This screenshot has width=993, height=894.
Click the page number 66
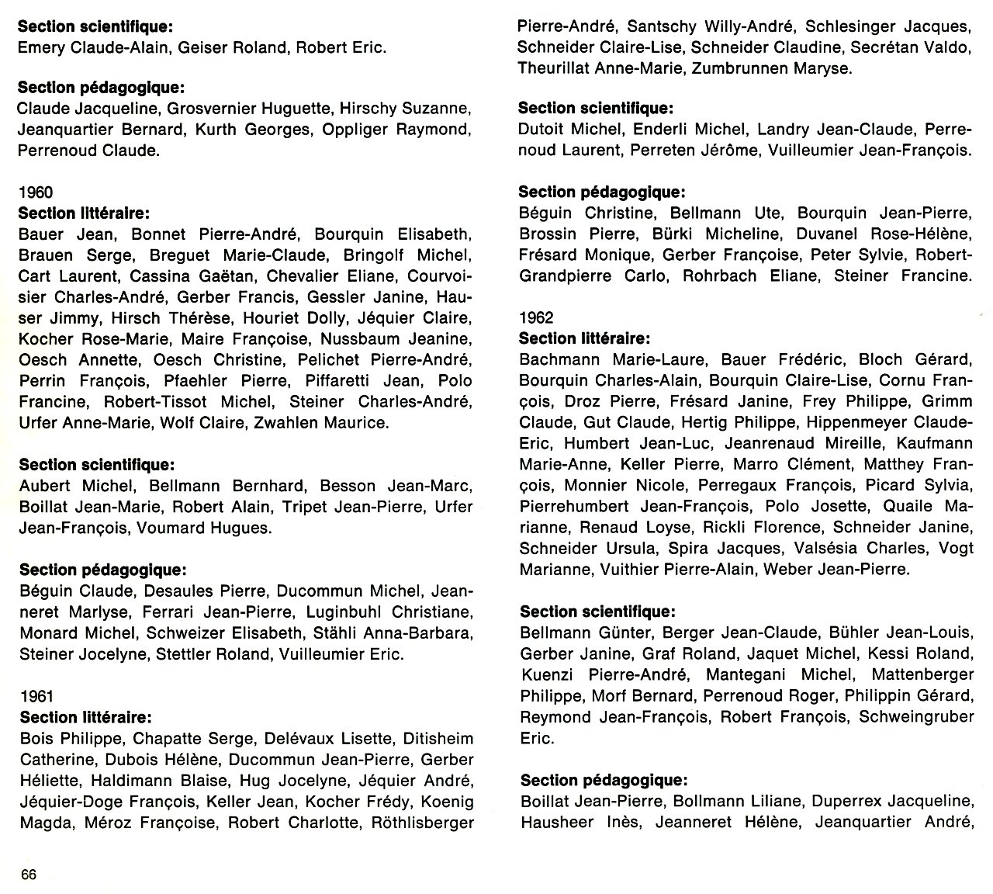(29, 875)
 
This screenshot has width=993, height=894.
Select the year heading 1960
(36, 192)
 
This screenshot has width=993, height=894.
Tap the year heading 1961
(37, 697)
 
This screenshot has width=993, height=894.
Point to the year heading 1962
(536, 317)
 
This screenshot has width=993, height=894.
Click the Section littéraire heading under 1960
(84, 213)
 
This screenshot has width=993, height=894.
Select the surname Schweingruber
(915, 717)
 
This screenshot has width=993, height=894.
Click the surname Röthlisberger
(423, 823)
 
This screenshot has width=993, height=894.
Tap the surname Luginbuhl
(344, 612)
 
